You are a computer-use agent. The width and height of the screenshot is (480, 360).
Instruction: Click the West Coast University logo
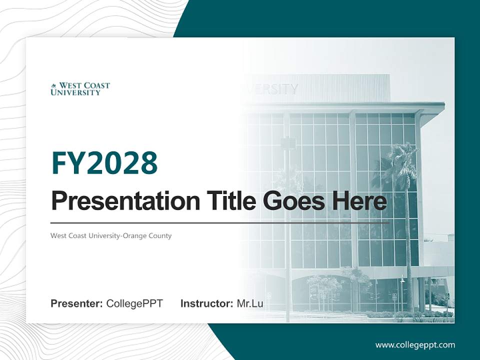(80, 89)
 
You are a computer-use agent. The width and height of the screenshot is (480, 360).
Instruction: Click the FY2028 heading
(104, 162)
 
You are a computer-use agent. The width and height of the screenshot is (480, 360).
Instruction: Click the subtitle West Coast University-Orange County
(111, 235)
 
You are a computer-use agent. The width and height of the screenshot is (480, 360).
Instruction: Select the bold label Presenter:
(77, 303)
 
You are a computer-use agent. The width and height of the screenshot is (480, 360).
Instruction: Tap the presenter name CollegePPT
(134, 303)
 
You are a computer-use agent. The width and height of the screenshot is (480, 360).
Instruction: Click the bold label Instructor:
(206, 303)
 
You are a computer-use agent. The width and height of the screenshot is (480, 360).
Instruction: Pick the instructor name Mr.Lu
(250, 303)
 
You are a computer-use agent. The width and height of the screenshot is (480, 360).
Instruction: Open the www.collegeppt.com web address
(415, 344)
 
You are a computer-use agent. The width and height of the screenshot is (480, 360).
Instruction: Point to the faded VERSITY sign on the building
(272, 89)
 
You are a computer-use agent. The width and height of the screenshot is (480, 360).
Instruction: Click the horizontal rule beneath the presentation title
(220, 223)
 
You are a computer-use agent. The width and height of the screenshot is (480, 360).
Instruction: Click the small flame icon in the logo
(54, 86)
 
